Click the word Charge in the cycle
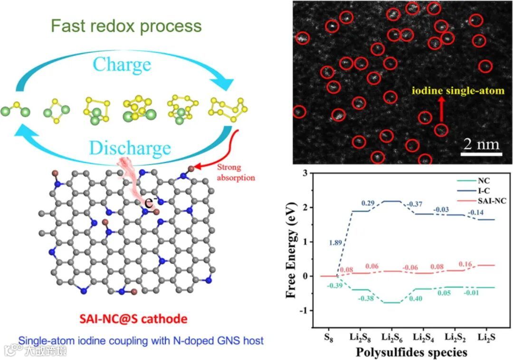122,64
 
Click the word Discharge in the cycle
129,148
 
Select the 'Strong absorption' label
236,172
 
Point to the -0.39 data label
335,285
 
